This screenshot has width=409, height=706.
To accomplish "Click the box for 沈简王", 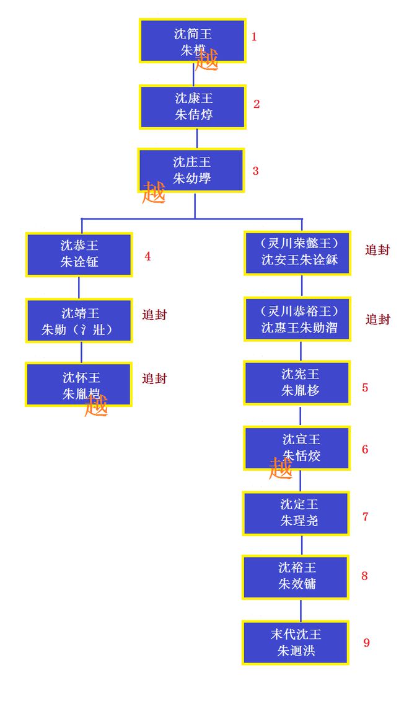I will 192,41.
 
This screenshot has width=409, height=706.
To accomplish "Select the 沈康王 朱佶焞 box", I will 193,107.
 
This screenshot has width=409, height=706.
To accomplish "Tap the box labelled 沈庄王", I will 191,170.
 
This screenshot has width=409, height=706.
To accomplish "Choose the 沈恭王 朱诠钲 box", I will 79,254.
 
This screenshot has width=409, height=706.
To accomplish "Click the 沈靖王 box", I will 79,321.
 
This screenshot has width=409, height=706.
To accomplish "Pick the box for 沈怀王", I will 79,385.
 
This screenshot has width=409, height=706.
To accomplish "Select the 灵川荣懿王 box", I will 298,252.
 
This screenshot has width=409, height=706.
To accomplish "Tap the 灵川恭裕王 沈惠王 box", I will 298,319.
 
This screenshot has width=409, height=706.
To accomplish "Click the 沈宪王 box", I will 297,383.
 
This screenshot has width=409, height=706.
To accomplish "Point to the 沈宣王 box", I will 297,448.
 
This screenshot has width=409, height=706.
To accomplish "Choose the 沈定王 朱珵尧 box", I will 296,513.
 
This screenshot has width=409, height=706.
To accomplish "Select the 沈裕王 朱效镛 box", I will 296,577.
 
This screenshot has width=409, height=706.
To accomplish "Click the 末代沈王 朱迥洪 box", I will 296,643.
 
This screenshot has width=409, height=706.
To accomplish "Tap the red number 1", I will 254,37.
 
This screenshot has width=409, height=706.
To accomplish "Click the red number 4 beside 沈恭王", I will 147,256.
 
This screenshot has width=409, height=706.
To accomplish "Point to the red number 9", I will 366,643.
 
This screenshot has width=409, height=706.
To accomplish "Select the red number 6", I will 365,449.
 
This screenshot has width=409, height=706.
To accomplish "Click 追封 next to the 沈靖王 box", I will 154,315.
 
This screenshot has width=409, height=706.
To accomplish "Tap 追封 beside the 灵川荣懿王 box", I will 377,250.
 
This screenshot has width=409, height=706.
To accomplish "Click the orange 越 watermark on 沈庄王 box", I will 154,193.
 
